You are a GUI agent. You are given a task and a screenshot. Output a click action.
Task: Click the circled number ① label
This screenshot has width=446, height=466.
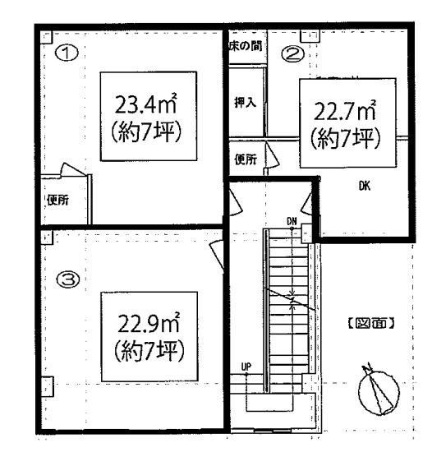click(67, 53)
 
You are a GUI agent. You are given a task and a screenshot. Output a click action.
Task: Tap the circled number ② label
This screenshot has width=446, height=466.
click(292, 54)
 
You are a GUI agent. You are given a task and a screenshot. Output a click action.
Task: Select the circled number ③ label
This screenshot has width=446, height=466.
click(68, 279)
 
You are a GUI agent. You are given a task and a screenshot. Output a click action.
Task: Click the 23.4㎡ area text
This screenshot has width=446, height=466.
click(146, 104)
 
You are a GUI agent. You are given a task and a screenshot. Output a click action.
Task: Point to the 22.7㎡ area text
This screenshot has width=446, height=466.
click(345, 111)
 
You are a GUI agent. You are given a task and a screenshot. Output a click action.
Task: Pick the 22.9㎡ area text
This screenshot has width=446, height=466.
click(149, 323)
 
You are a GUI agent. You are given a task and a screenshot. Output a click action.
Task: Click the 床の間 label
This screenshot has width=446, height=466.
click(246, 46)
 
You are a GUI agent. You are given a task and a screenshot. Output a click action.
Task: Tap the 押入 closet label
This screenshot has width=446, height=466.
click(245, 103)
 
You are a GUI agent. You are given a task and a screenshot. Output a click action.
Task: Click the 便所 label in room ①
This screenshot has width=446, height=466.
click(57, 200)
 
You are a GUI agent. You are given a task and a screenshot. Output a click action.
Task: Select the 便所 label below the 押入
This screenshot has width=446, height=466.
click(246, 159)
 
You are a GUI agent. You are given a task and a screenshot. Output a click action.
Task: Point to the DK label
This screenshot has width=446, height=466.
click(365, 187)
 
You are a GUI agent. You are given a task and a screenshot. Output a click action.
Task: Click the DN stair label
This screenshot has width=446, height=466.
click(292, 221)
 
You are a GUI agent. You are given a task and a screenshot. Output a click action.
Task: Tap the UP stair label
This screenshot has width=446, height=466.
click(246, 367)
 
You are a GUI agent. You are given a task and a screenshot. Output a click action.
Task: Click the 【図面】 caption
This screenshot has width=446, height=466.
click(371, 323)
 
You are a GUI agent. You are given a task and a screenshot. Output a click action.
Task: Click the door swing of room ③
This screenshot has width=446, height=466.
click(218, 256)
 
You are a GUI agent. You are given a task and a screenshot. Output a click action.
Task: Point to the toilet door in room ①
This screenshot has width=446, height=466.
click(74, 170)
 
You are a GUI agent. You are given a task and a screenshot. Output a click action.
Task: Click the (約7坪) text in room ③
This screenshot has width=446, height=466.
click(149, 350)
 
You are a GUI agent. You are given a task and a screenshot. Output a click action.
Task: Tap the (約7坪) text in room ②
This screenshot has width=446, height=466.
click(345, 138)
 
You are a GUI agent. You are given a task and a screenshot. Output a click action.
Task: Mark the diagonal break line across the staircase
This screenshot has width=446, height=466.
click(289, 299)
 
